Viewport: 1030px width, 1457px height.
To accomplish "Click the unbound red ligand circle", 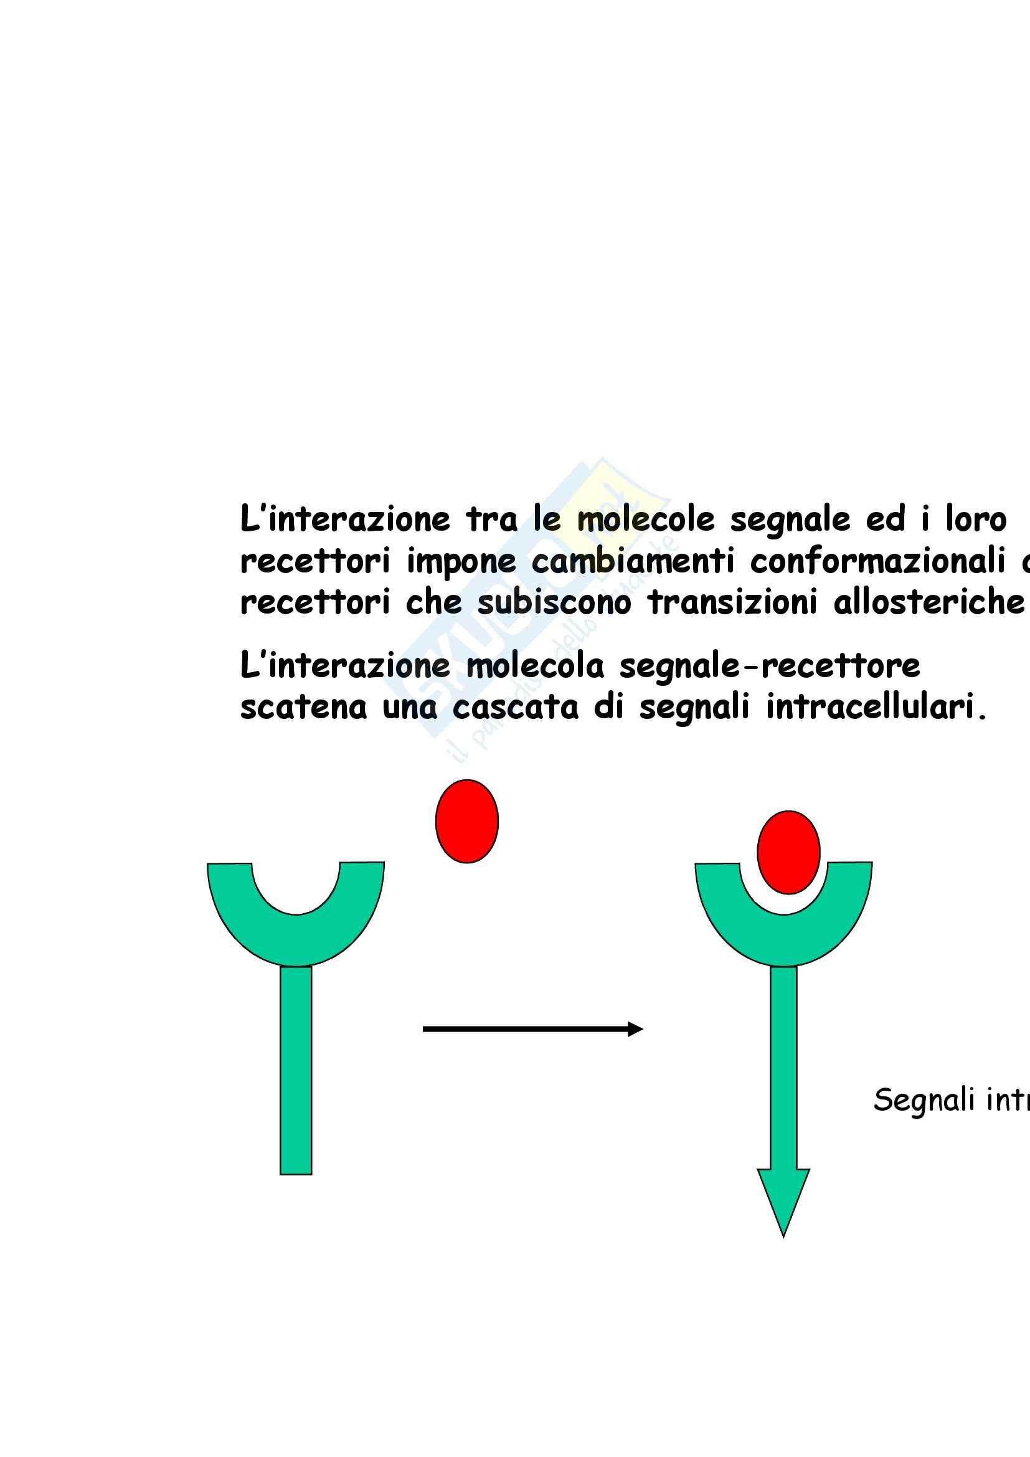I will tap(467, 821).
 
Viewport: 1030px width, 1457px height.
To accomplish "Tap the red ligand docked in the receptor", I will tap(788, 852).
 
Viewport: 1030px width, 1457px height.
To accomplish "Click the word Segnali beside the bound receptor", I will tap(924, 1099).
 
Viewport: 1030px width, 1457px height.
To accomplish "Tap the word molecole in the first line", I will tap(646, 520).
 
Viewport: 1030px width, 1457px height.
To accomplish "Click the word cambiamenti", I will tap(632, 561).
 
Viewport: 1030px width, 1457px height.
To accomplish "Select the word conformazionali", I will tap(878, 561).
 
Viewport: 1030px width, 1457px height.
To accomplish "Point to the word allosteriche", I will tap(928, 602).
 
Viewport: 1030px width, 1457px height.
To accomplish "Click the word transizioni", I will tap(732, 602).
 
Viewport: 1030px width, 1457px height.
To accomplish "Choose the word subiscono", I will tap(554, 602).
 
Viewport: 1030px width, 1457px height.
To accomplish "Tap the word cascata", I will tap(515, 707).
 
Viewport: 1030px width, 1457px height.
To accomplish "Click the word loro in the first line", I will tap(975, 520).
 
